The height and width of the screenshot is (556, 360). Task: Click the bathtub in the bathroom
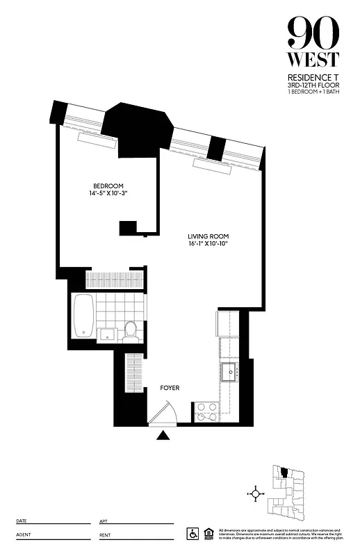[83, 317]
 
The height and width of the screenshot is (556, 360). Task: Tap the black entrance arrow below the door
[163, 436]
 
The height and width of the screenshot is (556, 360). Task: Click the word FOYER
[170, 388]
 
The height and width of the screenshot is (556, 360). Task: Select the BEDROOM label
[108, 186]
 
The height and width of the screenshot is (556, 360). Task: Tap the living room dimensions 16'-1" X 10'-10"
[208, 244]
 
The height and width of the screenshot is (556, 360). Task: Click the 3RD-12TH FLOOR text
[313, 85]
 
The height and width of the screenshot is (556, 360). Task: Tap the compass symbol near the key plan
[256, 494]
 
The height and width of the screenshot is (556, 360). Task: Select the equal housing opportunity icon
[208, 533]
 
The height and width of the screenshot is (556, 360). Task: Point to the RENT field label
[106, 535]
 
